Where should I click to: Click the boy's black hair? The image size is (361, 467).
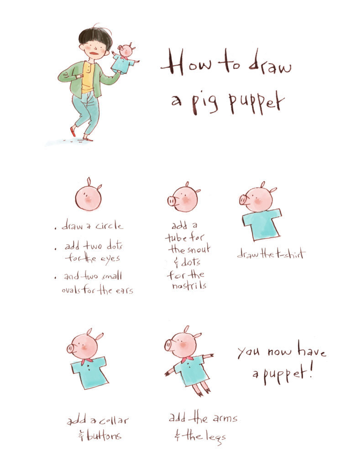(95, 36)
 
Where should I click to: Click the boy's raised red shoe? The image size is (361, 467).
(73, 131)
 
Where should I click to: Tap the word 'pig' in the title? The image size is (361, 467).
(205, 103)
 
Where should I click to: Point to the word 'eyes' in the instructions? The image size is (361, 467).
(110, 259)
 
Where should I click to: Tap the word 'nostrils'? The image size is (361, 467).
(189, 285)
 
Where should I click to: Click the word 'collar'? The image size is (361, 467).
(114, 420)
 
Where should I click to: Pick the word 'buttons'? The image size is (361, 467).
(104, 435)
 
